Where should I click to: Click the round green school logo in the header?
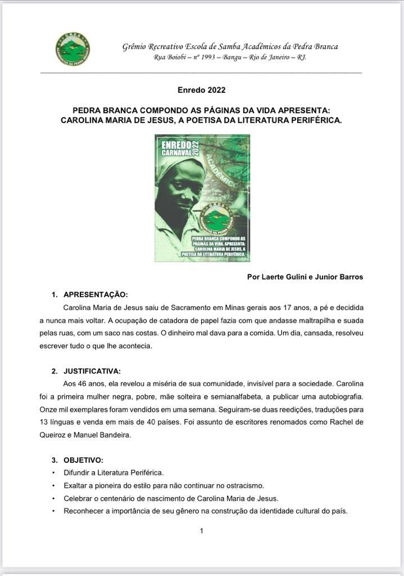72,49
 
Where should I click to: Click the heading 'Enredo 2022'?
202,89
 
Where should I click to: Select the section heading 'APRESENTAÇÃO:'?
96,294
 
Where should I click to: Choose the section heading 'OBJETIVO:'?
83,460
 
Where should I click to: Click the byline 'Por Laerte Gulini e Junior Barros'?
305,277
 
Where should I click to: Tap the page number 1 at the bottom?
202,530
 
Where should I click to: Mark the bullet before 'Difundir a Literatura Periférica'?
53,472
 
